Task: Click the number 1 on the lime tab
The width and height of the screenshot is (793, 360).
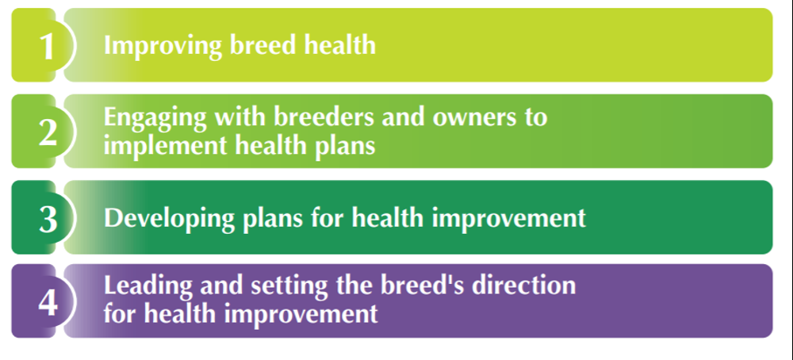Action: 47,46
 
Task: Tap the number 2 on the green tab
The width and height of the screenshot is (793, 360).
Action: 48,132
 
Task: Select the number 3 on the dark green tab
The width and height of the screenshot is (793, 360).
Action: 48,219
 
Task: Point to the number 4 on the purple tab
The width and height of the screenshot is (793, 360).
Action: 48,304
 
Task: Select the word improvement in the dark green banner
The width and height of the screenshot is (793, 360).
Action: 516,218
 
